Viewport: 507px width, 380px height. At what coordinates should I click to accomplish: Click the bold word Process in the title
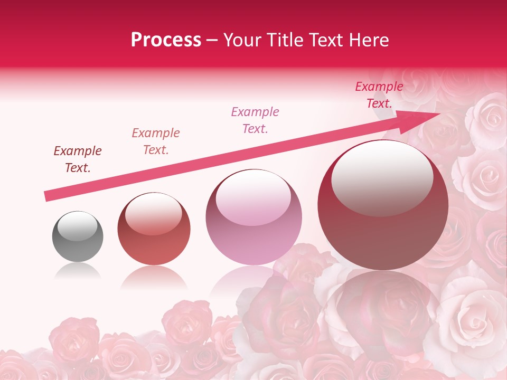pos(166,40)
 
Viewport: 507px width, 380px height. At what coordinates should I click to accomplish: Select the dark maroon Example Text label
pos(78,159)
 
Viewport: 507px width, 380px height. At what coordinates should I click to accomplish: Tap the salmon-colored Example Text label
pos(156,141)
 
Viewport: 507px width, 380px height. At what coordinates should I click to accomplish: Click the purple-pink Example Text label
pos(255,120)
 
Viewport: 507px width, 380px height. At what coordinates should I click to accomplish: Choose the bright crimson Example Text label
pos(379,95)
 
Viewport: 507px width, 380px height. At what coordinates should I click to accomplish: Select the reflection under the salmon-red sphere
pos(154,277)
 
